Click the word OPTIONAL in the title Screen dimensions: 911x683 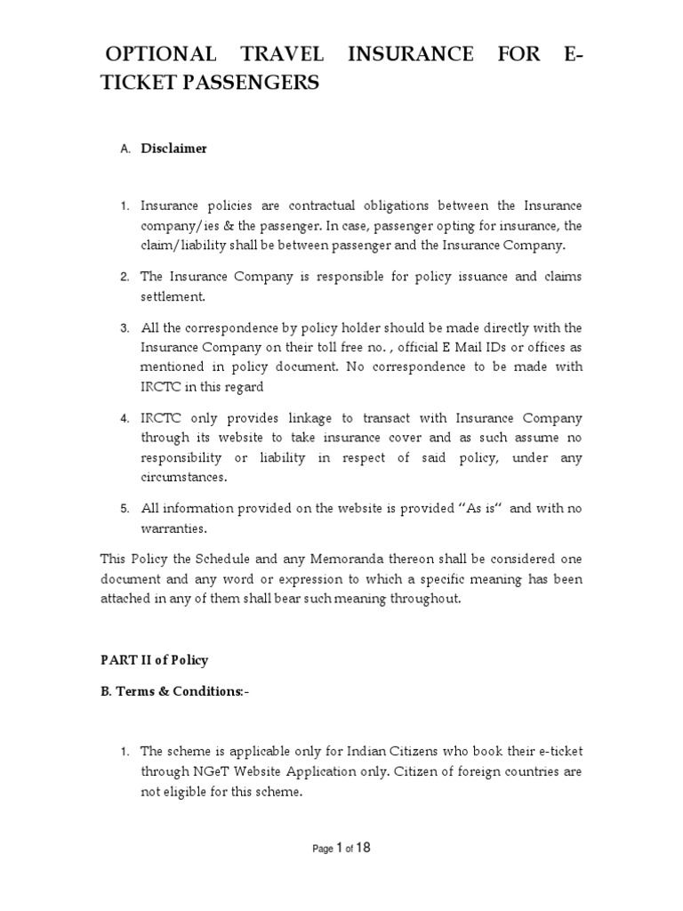[157, 55]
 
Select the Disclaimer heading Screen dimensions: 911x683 [173, 149]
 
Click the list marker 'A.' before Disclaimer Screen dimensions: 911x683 [125, 149]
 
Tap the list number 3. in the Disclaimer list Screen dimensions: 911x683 [125, 328]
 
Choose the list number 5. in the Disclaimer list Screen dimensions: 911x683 [125, 509]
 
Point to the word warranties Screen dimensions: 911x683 [173, 528]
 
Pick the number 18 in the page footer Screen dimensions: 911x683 [363, 848]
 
